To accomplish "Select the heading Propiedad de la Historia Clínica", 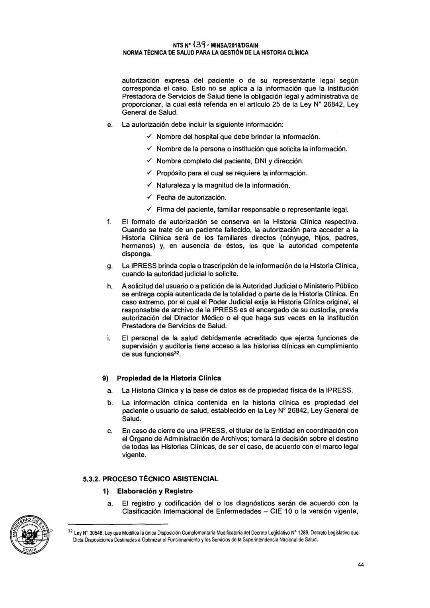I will coord(171,378).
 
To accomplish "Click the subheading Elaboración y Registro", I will coord(157,491).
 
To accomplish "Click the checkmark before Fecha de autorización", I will coord(149,197).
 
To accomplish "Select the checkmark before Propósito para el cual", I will coord(149,173).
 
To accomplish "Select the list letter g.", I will coord(109,266).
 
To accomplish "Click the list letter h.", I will coord(109,286).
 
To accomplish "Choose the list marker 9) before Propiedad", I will coord(107,378).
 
